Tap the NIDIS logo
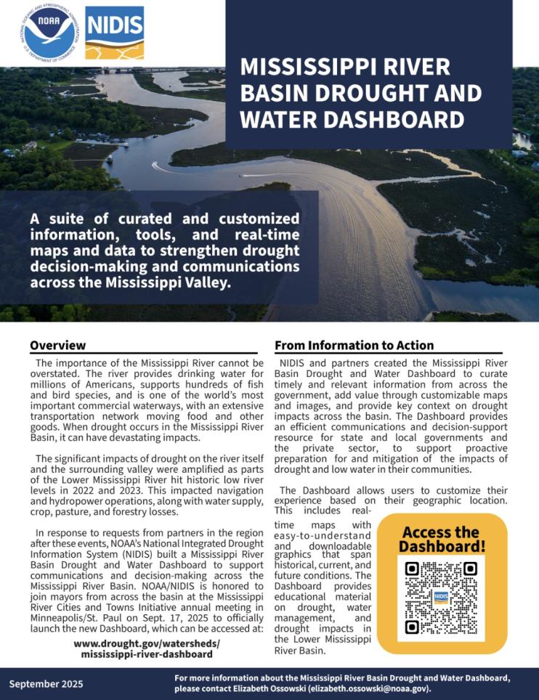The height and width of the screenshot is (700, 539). click(114, 32)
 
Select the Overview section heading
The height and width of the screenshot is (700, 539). click(57, 345)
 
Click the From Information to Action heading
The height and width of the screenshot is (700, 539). click(354, 345)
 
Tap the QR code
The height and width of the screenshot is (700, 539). click(441, 598)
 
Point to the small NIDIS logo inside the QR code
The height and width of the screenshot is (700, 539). click(441, 597)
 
